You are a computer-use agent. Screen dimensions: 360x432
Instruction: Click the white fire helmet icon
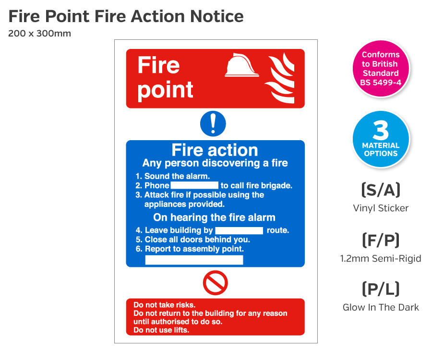coord(241,66)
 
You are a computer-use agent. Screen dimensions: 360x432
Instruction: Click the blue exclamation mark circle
coord(213,124)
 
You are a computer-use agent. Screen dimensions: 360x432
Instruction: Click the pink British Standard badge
coord(381,69)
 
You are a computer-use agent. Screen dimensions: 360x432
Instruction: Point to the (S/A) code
coord(381,190)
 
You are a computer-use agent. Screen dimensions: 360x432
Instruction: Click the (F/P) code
coord(381,240)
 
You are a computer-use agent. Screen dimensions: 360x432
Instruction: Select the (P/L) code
coord(381,288)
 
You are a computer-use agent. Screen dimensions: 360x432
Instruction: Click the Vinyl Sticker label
coord(381,208)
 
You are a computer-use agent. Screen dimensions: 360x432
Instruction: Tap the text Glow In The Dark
coord(381,307)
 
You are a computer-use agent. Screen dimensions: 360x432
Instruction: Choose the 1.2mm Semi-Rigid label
coord(381,258)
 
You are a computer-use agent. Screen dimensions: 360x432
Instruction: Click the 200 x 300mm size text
coord(39,34)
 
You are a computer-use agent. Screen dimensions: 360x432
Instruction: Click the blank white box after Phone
coord(194,185)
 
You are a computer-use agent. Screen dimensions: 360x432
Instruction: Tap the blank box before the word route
coord(239,230)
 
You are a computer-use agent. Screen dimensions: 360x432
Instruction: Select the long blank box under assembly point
coord(194,260)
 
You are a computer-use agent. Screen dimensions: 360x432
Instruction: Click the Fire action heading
coord(215,150)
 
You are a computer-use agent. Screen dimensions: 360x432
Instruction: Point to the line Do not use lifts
coord(161,330)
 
